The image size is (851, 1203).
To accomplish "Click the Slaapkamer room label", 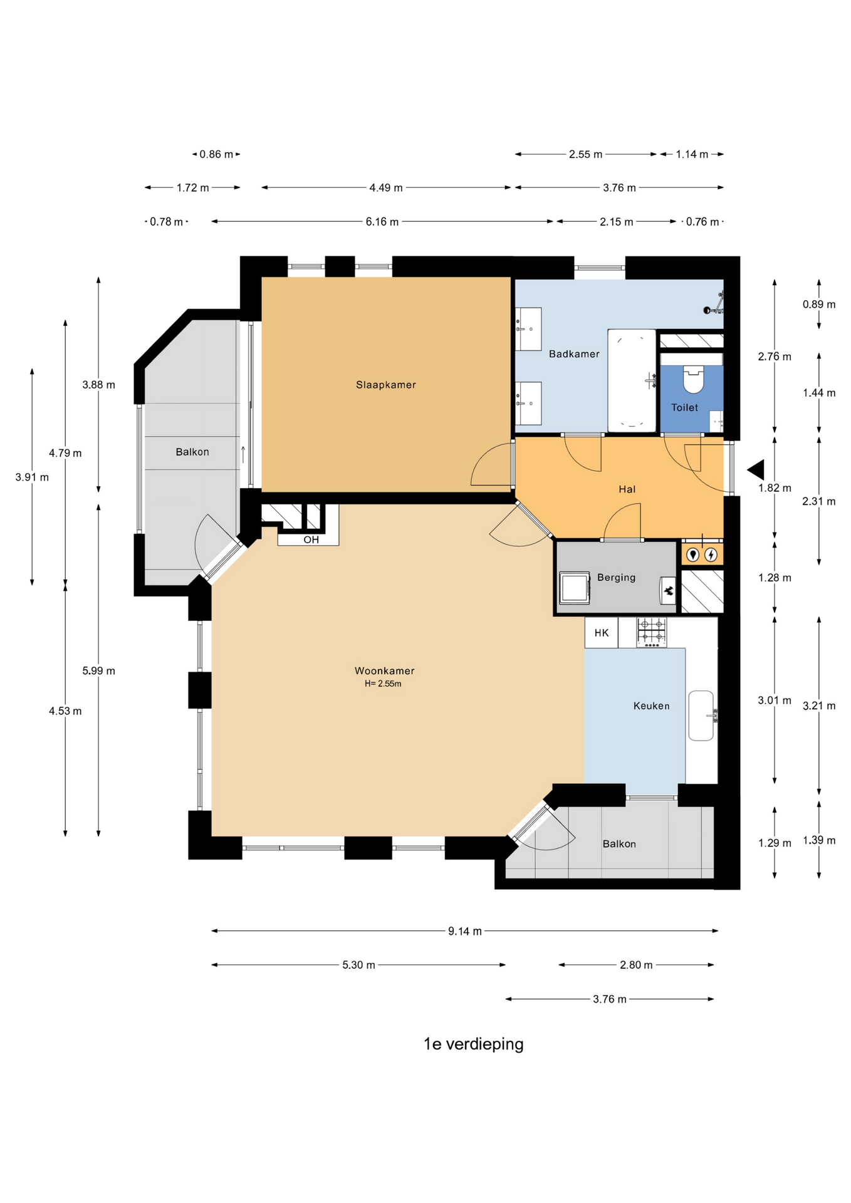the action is (385, 385).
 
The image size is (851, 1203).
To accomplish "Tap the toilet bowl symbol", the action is (693, 379).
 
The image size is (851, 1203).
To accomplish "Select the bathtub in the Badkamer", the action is (632, 380).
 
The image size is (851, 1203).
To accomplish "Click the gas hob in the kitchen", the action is (651, 632).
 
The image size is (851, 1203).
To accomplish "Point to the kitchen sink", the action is (701, 716).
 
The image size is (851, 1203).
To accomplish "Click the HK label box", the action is (602, 633).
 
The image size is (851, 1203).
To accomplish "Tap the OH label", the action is (311, 539).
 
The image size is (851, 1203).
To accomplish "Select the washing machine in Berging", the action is (574, 588).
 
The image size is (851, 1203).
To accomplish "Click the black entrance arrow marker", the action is (756, 469).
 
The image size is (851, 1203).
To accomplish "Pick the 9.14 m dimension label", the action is (464, 931).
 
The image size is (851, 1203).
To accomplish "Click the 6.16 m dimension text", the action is (382, 222).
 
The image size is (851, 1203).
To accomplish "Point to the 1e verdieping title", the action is (473, 1044).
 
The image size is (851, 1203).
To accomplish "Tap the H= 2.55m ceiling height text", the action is (383, 684).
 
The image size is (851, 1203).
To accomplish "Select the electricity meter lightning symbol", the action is (711, 555).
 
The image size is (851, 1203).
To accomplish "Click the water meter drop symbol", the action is (692, 555).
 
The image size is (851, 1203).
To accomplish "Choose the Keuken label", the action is (651, 706).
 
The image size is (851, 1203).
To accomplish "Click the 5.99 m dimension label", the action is (98, 670).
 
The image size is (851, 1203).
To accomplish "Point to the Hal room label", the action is (627, 489).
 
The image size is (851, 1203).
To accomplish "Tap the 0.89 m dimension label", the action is (819, 305).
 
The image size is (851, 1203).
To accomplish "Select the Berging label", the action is (616, 578).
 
